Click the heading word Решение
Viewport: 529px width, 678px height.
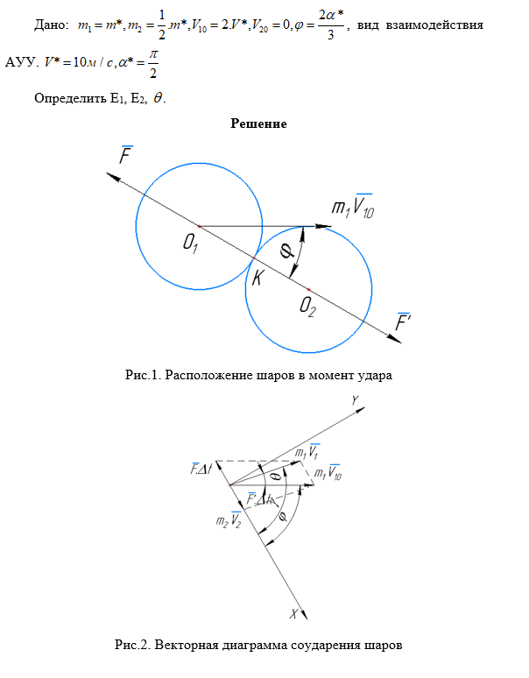coord(258,124)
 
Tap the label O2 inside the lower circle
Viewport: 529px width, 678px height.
coord(307,305)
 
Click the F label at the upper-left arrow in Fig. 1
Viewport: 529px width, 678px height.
coord(127,158)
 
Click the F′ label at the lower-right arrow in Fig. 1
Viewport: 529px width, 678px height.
coord(405,322)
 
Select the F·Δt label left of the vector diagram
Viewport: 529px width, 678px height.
coord(201,469)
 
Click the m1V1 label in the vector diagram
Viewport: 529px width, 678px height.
coord(307,452)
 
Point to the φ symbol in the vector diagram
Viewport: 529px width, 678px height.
coord(282,518)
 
